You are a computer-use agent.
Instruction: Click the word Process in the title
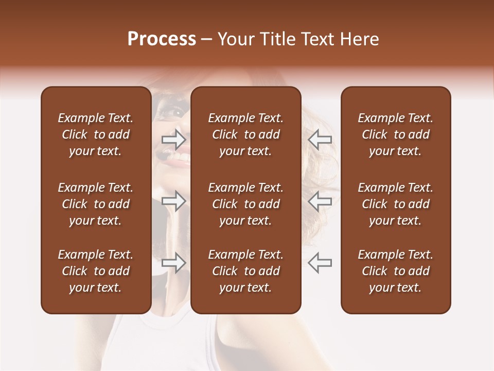tap(162, 39)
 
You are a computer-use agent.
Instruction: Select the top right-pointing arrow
tap(173, 139)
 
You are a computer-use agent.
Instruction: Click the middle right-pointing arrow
tap(173, 201)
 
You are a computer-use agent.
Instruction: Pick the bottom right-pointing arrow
tap(173, 263)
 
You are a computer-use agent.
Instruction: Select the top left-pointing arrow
tap(320, 139)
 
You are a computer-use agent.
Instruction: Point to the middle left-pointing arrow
tap(320, 201)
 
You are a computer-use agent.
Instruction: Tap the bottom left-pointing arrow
tap(320, 263)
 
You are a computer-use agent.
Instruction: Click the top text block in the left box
tap(96, 134)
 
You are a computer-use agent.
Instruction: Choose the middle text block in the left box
tap(96, 204)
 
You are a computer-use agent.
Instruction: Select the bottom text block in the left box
tap(96, 271)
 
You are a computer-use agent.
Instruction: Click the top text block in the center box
tap(245, 134)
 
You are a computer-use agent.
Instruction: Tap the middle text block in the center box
tap(245, 204)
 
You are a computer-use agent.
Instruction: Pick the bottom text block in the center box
tap(245, 271)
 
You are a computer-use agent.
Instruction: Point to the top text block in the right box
tap(395, 134)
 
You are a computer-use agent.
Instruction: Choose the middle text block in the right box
tap(395, 204)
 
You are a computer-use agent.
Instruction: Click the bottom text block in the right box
tap(395, 271)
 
